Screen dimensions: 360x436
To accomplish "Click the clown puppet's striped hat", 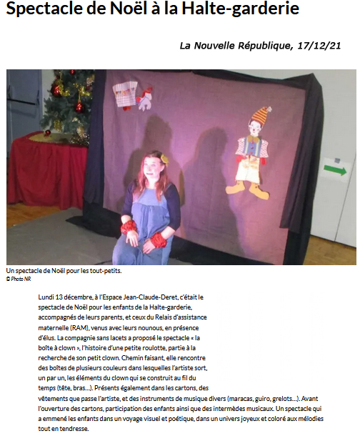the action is (262, 114).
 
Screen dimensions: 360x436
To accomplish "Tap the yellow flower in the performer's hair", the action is (164, 157).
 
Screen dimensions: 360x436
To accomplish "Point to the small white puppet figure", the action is (146, 100).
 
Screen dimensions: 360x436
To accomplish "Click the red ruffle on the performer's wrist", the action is (129, 226).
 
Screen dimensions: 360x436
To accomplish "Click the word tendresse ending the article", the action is (74, 429).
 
